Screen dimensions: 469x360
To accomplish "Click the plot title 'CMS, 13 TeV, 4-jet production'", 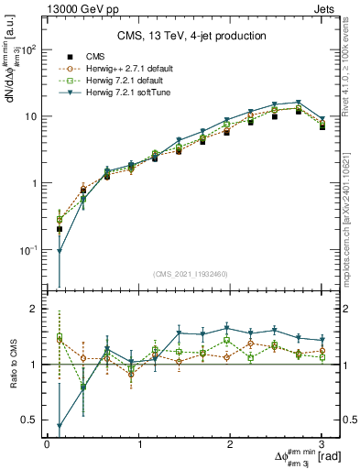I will (192, 36).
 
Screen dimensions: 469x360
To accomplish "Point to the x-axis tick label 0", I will (48, 444).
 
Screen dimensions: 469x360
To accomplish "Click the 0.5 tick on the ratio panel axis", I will (32, 420).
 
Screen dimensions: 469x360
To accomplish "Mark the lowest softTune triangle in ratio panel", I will (60, 426).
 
